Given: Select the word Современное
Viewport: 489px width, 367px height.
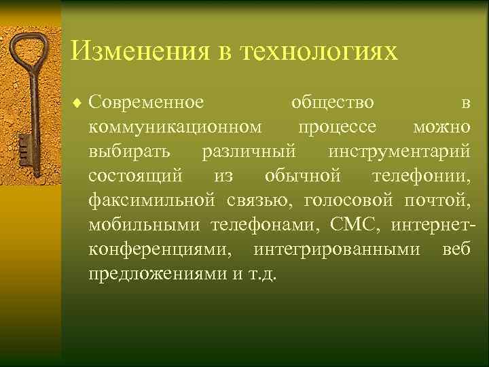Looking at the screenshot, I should pyautogui.click(x=146, y=103).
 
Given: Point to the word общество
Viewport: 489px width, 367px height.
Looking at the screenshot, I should pyautogui.click(x=332, y=103).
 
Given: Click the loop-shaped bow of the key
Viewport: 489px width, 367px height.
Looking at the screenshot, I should pyautogui.click(x=26, y=54).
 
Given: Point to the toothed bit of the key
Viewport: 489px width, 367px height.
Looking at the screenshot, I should pyautogui.click(x=26, y=146).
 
